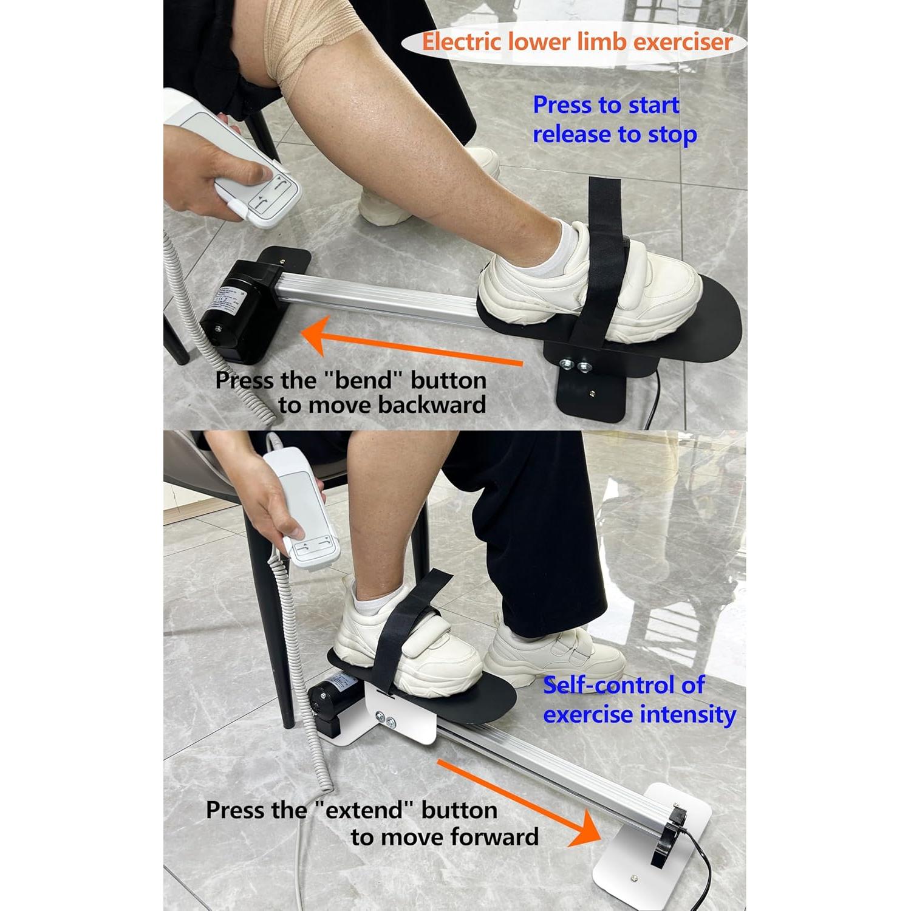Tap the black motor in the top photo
click(x=240, y=310)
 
